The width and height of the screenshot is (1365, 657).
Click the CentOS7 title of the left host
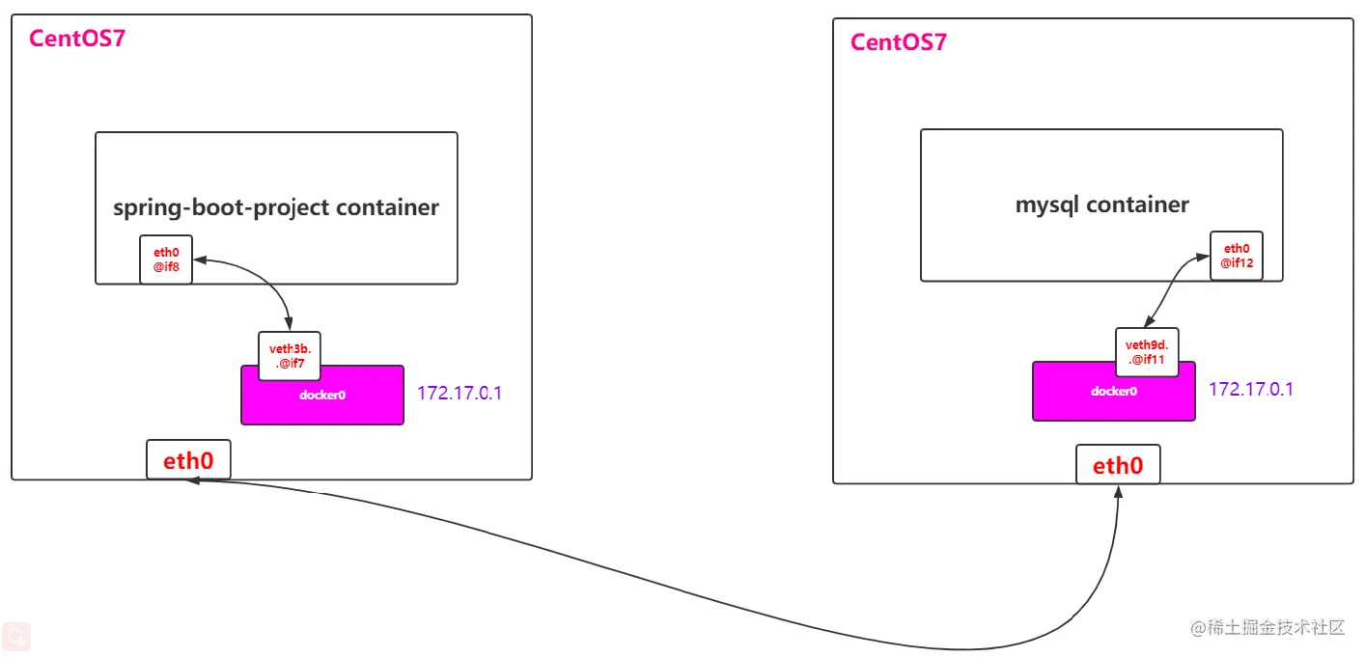pyautogui.click(x=77, y=39)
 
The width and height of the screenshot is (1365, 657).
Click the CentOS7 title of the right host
pyautogui.click(x=898, y=42)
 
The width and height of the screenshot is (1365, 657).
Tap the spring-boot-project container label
pyautogui.click(x=276, y=207)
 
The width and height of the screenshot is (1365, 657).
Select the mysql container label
pyautogui.click(x=1101, y=205)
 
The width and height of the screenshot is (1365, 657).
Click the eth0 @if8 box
pyautogui.click(x=166, y=260)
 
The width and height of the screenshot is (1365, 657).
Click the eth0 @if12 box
pyautogui.click(x=1237, y=256)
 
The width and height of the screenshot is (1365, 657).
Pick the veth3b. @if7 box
pyautogui.click(x=289, y=356)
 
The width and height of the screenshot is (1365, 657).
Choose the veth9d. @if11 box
pyautogui.click(x=1147, y=352)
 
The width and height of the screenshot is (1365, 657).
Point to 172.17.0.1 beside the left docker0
pyautogui.click(x=460, y=394)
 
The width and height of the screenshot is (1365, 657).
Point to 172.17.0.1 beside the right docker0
pyautogui.click(x=1251, y=389)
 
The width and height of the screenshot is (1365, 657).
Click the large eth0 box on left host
pyautogui.click(x=188, y=460)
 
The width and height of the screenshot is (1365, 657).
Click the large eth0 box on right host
pyautogui.click(x=1118, y=466)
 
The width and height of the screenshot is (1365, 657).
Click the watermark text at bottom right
pyautogui.click(x=1267, y=628)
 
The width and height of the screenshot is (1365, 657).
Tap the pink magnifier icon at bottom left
pyautogui.click(x=16, y=636)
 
